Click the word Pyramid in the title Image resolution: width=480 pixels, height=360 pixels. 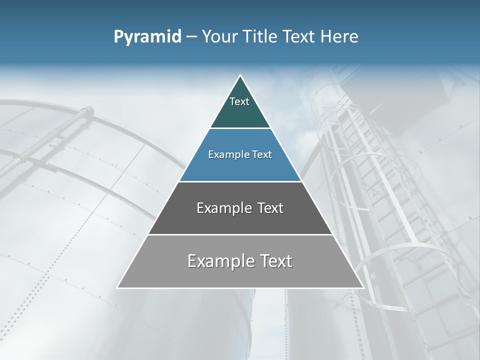(147, 37)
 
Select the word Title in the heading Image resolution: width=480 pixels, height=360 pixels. (263, 37)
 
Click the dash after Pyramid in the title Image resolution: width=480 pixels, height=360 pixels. (191, 37)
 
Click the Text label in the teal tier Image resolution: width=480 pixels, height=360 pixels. (239, 101)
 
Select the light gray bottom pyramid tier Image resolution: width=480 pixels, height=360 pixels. (240, 275)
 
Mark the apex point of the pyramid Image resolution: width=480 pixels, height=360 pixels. (240, 75)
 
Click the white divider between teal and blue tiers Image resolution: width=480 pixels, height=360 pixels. (240, 128)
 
